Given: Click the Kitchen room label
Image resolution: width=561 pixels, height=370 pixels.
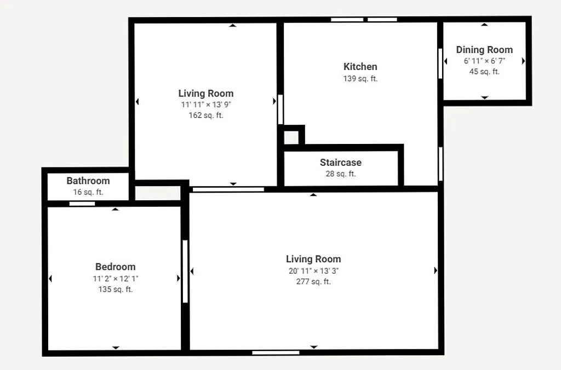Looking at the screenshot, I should point(360,67).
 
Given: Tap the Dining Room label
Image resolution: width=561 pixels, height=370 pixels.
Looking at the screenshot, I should point(484,50).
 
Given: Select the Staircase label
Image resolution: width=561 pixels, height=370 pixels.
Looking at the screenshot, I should point(340,163).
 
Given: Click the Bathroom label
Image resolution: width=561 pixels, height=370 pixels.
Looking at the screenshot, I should point(88,181).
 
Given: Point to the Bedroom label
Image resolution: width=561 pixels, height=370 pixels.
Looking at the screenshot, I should point(115,267).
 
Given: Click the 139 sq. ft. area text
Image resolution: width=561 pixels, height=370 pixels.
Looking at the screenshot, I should point(360,78).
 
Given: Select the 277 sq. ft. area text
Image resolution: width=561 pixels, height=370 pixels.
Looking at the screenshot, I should point(313,282).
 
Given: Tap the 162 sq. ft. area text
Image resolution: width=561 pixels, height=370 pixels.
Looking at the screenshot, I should point(206,115).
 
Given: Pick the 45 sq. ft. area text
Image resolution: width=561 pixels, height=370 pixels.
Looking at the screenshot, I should point(484,71).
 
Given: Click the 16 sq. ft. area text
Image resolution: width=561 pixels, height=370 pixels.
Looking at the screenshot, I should point(88,192).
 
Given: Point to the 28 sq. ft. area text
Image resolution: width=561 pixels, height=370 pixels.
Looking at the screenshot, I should point(340,174).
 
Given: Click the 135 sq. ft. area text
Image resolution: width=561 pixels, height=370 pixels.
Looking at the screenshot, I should point(115,289).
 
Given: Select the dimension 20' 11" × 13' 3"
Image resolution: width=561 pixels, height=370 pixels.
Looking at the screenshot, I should point(313,271).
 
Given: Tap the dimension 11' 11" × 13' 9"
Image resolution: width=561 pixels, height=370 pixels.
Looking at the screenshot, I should point(206,105).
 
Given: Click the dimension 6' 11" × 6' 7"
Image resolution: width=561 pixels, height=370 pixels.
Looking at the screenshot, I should point(484,61).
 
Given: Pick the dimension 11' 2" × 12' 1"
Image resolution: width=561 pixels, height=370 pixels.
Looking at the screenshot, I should point(115,278).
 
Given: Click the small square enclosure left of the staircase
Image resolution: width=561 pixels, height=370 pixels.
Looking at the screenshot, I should point(291,137).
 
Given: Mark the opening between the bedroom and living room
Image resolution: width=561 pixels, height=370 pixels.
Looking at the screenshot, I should point(185,271).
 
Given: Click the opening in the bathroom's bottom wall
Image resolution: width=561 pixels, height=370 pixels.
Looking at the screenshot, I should point(82,204).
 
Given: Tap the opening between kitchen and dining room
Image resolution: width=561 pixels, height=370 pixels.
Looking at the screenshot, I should point(440,63).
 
